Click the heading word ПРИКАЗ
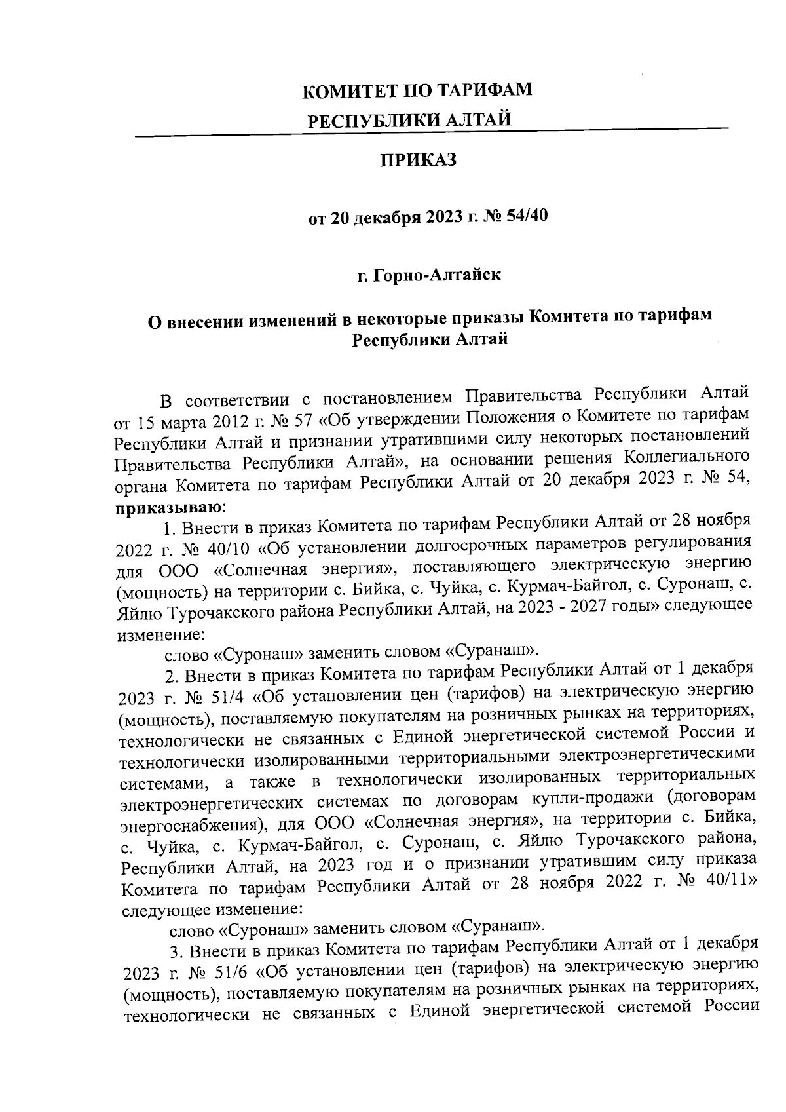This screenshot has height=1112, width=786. click(419, 161)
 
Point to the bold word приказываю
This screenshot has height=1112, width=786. click(168, 507)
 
